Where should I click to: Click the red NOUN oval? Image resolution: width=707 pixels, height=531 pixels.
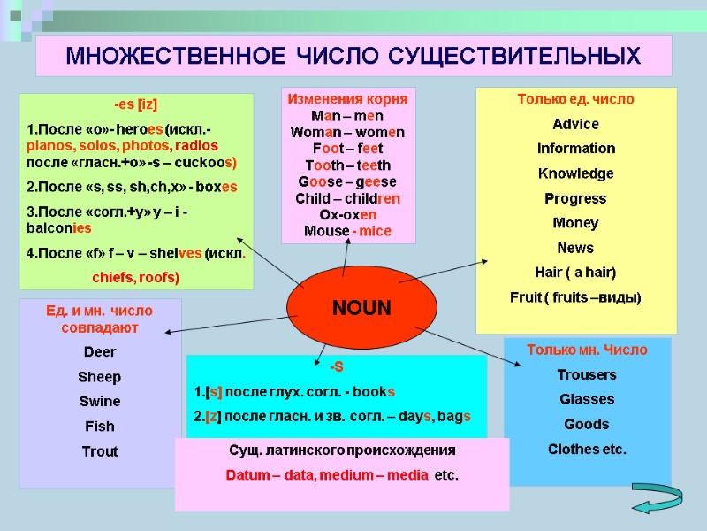[361, 309]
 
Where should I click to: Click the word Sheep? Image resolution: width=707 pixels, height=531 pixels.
[100, 377]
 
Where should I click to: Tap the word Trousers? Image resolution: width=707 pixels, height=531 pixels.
[587, 374]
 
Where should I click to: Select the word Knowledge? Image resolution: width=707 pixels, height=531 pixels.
[575, 173]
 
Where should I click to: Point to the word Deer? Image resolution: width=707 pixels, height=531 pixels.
[100, 352]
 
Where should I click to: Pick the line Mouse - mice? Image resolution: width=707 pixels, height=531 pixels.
[347, 231]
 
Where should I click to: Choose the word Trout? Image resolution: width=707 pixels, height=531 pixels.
[100, 451]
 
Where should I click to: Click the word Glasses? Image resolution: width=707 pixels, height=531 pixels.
[587, 399]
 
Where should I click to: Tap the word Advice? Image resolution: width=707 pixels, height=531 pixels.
[575, 124]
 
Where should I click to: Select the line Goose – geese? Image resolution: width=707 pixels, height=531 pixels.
[347, 181]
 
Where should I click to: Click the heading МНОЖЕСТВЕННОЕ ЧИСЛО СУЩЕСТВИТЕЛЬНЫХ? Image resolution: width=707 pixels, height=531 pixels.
[353, 57]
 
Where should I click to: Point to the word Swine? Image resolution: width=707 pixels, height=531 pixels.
[100, 402]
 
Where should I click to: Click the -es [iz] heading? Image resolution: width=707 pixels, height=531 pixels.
[136, 104]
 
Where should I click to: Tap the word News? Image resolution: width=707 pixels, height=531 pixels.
[575, 248]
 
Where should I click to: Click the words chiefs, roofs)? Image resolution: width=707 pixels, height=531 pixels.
[136, 278]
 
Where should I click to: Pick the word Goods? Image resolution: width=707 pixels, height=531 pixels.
[587, 424]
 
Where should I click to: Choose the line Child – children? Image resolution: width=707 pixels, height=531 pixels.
[347, 198]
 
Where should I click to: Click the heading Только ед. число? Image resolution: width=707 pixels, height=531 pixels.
[575, 99]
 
